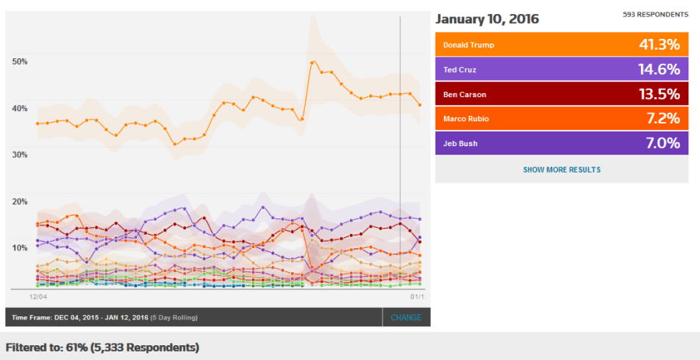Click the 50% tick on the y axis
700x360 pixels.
tap(19, 61)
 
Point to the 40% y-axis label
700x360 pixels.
tap(19, 107)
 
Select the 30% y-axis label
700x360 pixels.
tap(19, 154)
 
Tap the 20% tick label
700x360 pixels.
tap(19, 201)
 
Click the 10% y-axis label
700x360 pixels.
tap(19, 247)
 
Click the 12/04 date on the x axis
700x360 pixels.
tap(39, 296)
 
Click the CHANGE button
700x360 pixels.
tap(406, 317)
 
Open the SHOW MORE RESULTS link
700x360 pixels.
tap(562, 170)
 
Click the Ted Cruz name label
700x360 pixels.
tap(460, 70)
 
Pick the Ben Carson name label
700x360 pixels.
tap(464, 95)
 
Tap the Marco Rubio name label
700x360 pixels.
tap(466, 119)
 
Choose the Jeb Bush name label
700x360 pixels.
tap(460, 144)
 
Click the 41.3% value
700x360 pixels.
tap(660, 45)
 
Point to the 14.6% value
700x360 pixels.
tap(660, 70)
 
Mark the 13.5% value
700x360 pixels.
tap(660, 95)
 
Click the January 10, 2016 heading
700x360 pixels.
tap(487, 19)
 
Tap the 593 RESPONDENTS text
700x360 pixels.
tap(656, 15)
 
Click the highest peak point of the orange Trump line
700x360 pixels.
tap(312, 62)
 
